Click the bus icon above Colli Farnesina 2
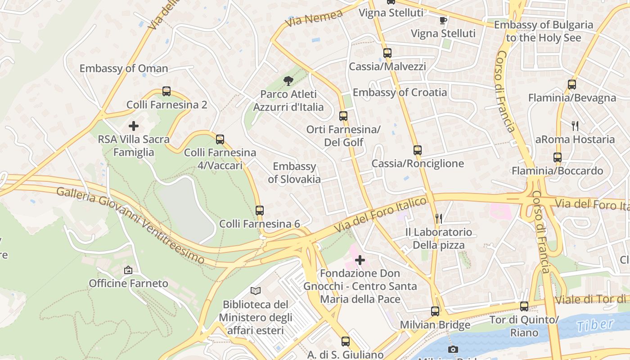(166, 91)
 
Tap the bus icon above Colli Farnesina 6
(260, 210)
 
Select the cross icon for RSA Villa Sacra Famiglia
(134, 126)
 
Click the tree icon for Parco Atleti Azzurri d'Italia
(288, 81)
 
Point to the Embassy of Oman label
(124, 68)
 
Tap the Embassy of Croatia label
(400, 92)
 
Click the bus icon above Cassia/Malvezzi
(387, 53)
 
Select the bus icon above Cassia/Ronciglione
(418, 150)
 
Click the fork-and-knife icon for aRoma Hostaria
(575, 126)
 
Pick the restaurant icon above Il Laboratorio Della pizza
(439, 219)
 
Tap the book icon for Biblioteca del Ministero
(256, 291)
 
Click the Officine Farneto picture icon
(128, 270)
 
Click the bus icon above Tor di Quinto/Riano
(524, 306)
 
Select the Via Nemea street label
(314, 18)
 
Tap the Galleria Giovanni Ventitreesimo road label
(130, 225)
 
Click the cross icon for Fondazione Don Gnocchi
(360, 260)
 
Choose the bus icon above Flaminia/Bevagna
(572, 84)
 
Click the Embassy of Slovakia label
(294, 173)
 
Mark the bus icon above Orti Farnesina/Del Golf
(343, 116)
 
